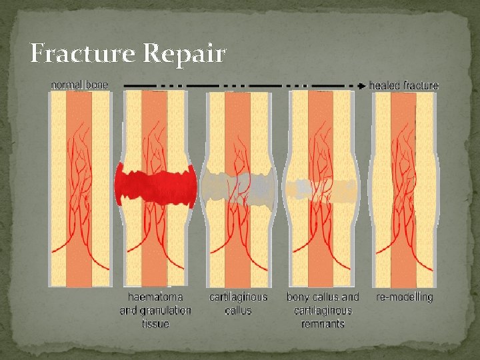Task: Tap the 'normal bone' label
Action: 80,85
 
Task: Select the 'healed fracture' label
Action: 404,85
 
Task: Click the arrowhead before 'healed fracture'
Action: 362,85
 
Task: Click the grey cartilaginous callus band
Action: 238,183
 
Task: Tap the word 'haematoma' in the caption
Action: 155,297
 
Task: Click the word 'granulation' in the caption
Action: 166,310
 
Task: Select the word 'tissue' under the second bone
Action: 155,323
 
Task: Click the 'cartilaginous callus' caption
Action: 238,303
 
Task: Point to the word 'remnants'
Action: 322,323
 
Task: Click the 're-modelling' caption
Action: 404,297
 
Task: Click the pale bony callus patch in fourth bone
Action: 323,189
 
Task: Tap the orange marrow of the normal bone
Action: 79,253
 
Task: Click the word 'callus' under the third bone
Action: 238,310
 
